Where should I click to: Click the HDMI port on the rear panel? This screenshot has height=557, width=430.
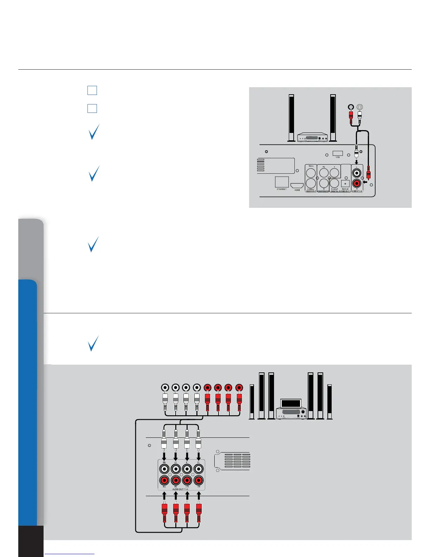click(x=297, y=185)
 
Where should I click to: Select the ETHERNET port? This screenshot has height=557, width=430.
click(x=282, y=182)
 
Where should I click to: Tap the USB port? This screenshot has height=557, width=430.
click(x=337, y=154)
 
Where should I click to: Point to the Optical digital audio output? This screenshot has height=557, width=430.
click(x=345, y=183)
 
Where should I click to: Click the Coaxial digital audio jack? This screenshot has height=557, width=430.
click(x=334, y=183)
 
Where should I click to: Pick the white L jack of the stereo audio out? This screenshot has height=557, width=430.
click(x=357, y=173)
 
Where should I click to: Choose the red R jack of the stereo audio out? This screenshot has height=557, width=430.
click(x=357, y=183)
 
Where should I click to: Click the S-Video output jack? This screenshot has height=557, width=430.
click(x=311, y=183)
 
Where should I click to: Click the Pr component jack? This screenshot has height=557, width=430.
click(x=324, y=183)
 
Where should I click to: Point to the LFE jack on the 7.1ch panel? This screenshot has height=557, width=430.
click(x=187, y=480)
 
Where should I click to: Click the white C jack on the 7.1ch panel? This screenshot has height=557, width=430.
click(x=187, y=469)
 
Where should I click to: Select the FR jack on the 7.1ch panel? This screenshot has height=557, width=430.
click(x=198, y=480)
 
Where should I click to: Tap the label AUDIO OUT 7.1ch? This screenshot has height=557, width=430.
click(x=180, y=489)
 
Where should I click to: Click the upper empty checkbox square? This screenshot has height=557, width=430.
click(x=92, y=90)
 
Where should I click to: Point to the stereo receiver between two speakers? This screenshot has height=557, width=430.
click(x=312, y=137)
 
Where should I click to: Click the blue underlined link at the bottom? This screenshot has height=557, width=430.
click(x=70, y=554)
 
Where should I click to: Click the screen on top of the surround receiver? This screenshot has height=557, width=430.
click(x=291, y=403)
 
